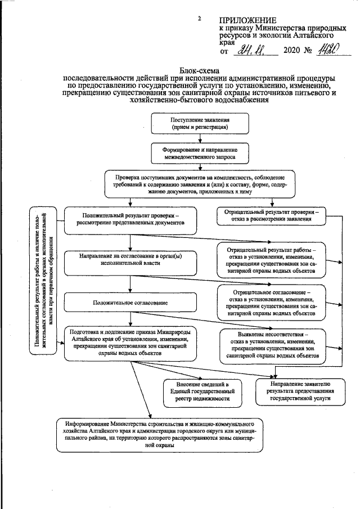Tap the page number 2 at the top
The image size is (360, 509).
199,19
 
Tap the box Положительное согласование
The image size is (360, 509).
130,303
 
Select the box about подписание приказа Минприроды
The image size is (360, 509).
132,343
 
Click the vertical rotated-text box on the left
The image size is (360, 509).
44,281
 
